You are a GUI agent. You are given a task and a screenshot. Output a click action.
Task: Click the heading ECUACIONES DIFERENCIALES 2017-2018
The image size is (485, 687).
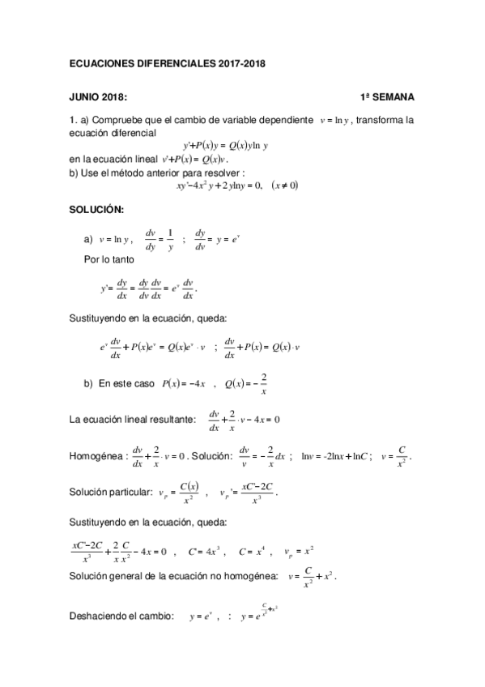point(167,62)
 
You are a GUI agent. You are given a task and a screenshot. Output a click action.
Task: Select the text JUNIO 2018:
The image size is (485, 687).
point(97,97)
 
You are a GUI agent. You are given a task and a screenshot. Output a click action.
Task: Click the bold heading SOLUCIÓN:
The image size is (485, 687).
point(96,211)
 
